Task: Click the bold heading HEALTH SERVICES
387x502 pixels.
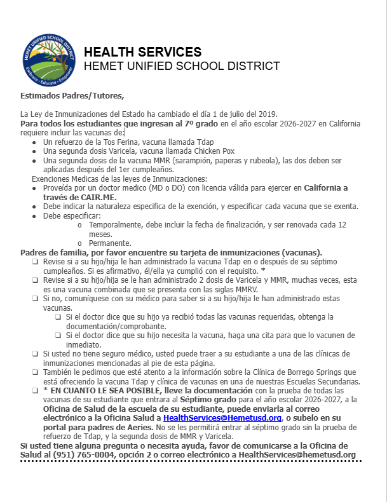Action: [x=142, y=52]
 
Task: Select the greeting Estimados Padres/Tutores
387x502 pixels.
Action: [x=72, y=96]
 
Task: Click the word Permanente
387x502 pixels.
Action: [x=110, y=243]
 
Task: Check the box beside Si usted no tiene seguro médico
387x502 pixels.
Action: [x=36, y=353]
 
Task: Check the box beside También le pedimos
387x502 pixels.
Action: [x=36, y=372]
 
